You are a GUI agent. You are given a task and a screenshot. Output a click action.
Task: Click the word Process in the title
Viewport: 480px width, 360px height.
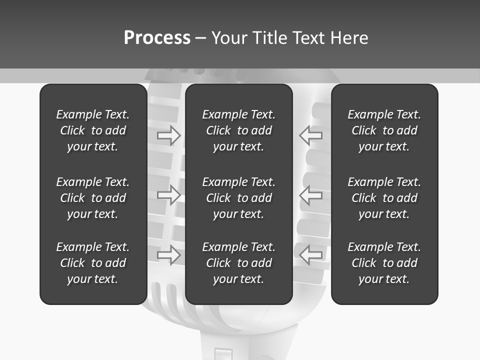click(x=157, y=38)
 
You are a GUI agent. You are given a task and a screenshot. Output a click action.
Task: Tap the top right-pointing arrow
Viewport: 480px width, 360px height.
click(x=169, y=135)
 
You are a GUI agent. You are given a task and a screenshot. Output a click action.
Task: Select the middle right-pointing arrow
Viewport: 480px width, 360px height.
click(x=169, y=195)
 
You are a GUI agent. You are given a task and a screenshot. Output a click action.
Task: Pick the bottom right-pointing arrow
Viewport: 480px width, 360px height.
click(x=169, y=255)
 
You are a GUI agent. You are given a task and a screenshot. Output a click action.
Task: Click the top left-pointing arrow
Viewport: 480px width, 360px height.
click(x=310, y=135)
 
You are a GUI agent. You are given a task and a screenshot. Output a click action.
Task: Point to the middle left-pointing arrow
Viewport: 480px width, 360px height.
click(x=310, y=195)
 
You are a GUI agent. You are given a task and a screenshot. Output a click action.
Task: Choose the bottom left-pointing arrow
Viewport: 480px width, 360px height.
click(x=310, y=255)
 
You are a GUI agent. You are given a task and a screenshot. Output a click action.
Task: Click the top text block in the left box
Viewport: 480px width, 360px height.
click(x=93, y=130)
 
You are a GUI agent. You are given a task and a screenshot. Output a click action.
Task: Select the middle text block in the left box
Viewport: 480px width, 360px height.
click(x=93, y=198)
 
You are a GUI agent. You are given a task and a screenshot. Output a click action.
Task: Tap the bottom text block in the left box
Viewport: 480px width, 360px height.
click(x=93, y=263)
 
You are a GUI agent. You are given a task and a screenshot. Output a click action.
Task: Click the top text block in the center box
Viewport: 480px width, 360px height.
click(x=238, y=130)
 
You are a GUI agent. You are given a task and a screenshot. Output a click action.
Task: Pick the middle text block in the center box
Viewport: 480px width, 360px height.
click(x=238, y=198)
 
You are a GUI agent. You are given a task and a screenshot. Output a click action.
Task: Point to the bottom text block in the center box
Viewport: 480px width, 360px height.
click(x=238, y=263)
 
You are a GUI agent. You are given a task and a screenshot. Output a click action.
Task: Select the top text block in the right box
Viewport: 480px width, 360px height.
click(x=384, y=130)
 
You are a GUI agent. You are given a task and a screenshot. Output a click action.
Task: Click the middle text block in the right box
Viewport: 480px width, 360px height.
click(x=384, y=198)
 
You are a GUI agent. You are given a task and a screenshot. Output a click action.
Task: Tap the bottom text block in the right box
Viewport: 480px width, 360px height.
click(x=384, y=263)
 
